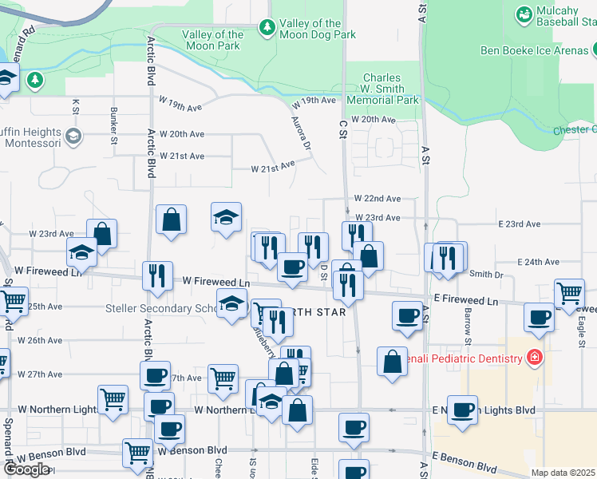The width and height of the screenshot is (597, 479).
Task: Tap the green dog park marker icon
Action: coord(267,28)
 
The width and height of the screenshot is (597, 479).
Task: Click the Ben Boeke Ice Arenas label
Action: coord(534,50)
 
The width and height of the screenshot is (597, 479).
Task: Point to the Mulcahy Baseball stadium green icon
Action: coord(524,14)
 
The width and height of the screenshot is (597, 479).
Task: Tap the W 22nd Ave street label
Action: coord(378,198)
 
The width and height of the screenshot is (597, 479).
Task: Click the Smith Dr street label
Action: coord(487,274)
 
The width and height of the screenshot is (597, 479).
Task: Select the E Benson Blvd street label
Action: coord(465,463)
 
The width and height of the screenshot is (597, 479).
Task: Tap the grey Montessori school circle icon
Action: coord(73,136)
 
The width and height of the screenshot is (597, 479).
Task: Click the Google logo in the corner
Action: coord(26,469)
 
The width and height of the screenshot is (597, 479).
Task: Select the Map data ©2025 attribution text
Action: coord(563,473)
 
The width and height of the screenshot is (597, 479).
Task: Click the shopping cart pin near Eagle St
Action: coord(569,293)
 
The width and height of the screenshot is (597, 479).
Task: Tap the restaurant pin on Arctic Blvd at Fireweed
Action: coord(157,275)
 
